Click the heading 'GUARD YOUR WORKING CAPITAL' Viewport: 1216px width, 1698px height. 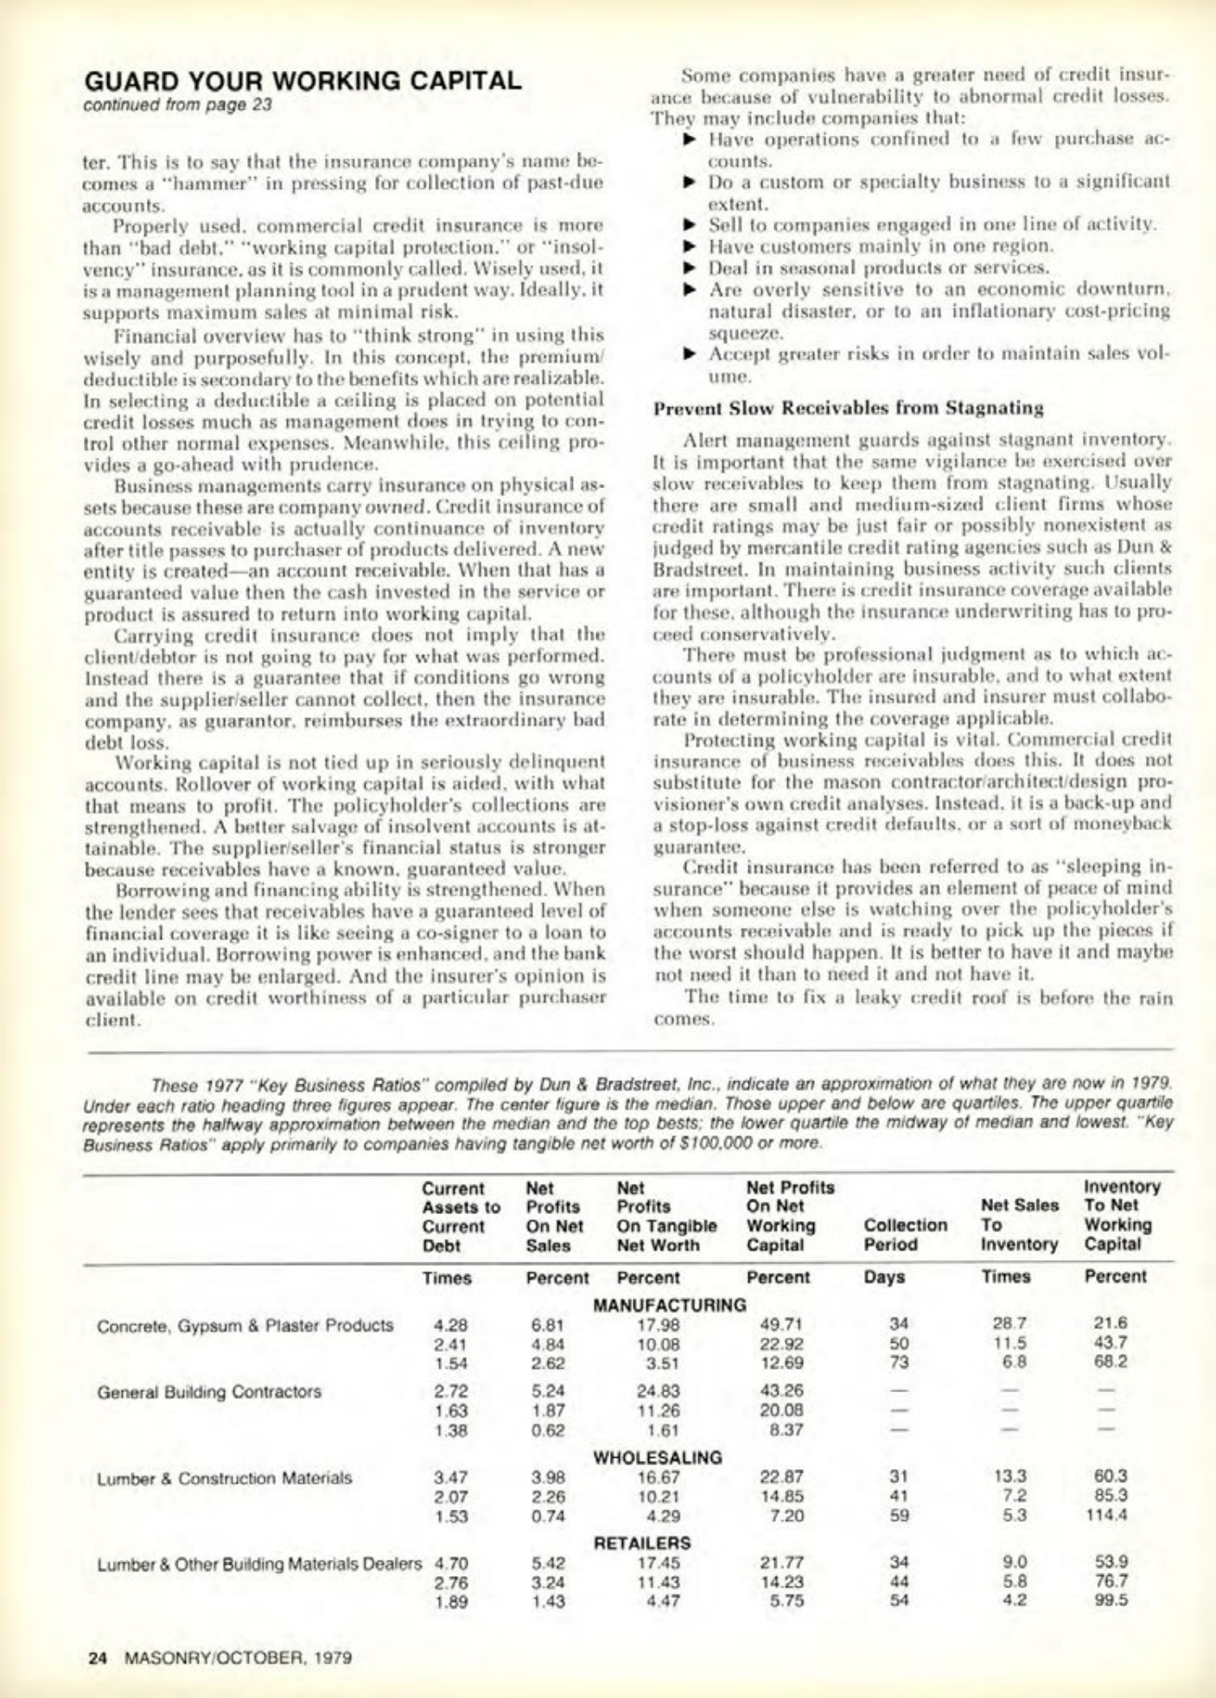pos(302,80)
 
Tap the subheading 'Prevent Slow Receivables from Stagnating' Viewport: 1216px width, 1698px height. pos(848,407)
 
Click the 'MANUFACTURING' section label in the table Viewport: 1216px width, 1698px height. pos(670,1304)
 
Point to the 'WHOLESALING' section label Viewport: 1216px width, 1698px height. pos(657,1457)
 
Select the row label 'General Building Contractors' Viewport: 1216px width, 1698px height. pos(209,1392)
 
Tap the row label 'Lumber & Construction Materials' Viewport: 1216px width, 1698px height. pos(224,1478)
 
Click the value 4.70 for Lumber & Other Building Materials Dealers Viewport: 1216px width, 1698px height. pos(451,1562)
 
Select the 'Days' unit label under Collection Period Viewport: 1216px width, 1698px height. pos(885,1276)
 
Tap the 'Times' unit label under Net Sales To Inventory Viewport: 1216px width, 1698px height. pos(1006,1276)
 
